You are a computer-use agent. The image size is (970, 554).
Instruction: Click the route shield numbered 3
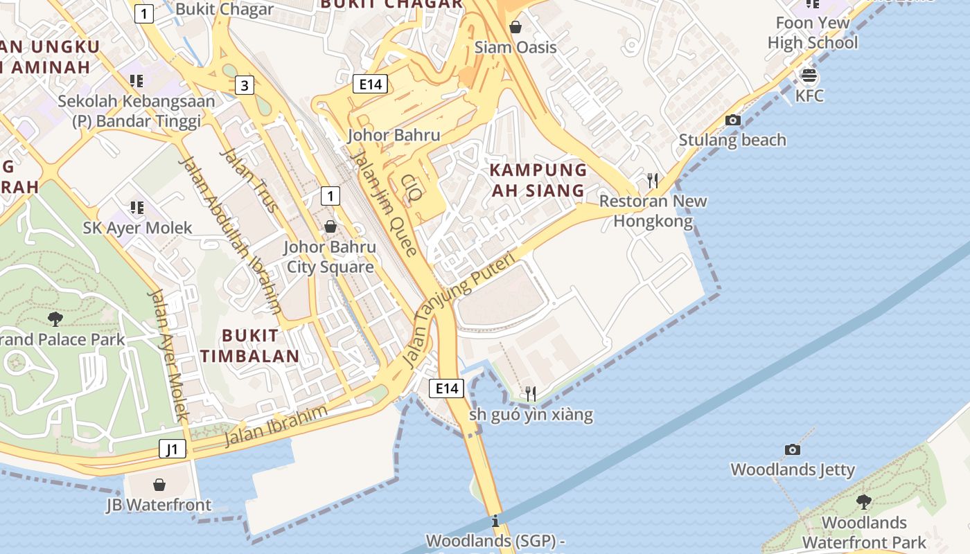click(x=244, y=86)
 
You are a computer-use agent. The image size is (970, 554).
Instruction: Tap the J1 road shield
click(x=173, y=449)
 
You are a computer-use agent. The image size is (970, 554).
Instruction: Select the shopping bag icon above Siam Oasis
click(x=515, y=27)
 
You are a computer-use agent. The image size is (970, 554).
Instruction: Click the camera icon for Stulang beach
click(x=732, y=120)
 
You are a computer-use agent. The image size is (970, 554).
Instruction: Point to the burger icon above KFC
click(x=809, y=75)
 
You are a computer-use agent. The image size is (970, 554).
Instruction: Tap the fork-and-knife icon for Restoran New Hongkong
click(x=652, y=181)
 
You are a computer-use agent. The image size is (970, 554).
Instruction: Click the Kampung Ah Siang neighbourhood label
click(x=538, y=179)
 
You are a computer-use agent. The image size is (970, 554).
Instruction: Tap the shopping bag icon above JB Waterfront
click(x=159, y=484)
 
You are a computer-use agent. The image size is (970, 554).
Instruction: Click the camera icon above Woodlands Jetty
click(x=793, y=449)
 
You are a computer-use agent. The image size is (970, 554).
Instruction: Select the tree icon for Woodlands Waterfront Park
click(x=863, y=501)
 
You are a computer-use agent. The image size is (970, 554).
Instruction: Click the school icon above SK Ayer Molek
click(x=137, y=207)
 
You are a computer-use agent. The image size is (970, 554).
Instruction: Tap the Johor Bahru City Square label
click(x=330, y=257)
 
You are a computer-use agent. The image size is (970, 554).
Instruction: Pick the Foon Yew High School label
click(x=813, y=33)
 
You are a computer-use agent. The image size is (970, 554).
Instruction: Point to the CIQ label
click(x=410, y=188)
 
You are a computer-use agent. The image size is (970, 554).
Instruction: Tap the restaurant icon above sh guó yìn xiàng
click(x=530, y=393)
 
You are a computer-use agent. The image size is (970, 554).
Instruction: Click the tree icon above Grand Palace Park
click(x=55, y=319)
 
